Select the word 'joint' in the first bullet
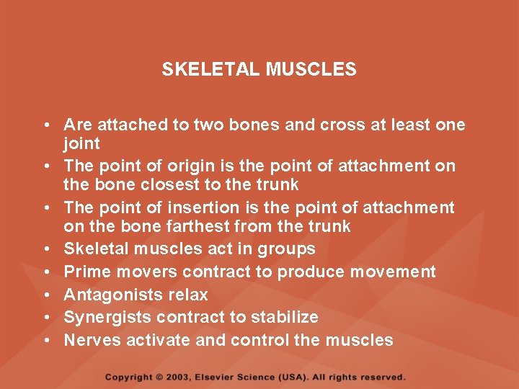pos(82,143)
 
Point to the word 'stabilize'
pos(283,318)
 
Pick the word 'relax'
pos(187,295)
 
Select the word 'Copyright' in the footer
pos(129,377)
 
